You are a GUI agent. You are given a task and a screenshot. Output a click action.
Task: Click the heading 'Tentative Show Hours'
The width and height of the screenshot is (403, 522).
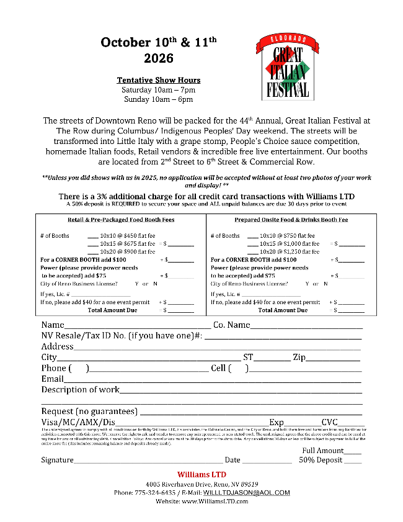(159, 80)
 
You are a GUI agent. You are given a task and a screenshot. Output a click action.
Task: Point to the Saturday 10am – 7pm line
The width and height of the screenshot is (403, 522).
(159, 90)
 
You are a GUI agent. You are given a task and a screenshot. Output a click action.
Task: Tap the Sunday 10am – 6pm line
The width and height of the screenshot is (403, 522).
(159, 99)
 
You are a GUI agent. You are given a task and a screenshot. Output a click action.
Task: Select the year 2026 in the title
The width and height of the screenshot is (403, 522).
(159, 59)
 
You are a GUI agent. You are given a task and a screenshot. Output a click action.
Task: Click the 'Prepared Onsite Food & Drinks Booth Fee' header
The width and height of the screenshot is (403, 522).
(291, 220)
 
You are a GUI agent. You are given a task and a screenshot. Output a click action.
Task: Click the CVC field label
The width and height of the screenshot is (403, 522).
(329, 422)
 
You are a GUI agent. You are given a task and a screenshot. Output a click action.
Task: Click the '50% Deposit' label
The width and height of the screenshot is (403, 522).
(321, 460)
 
